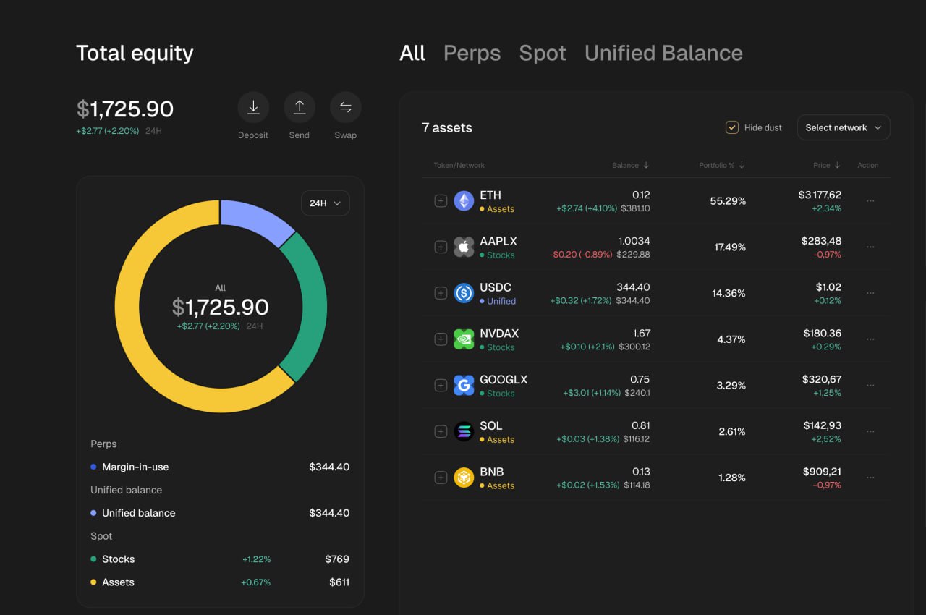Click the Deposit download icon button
pos(253,108)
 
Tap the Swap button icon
pos(345,108)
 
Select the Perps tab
pos(472,53)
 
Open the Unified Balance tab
pos(663,53)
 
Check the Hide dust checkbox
pos(731,127)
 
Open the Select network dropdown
pos(843,127)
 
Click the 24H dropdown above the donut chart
pos(325,203)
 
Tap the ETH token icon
pos(464,201)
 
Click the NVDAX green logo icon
pos(464,339)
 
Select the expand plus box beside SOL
pos(441,431)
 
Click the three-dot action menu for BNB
pos(870,478)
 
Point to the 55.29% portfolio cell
pos(728,201)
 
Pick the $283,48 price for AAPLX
pos(821,241)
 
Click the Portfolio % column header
pos(721,166)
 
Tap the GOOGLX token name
pos(504,380)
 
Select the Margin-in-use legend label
pos(135,467)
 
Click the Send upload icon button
pos(299,108)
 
